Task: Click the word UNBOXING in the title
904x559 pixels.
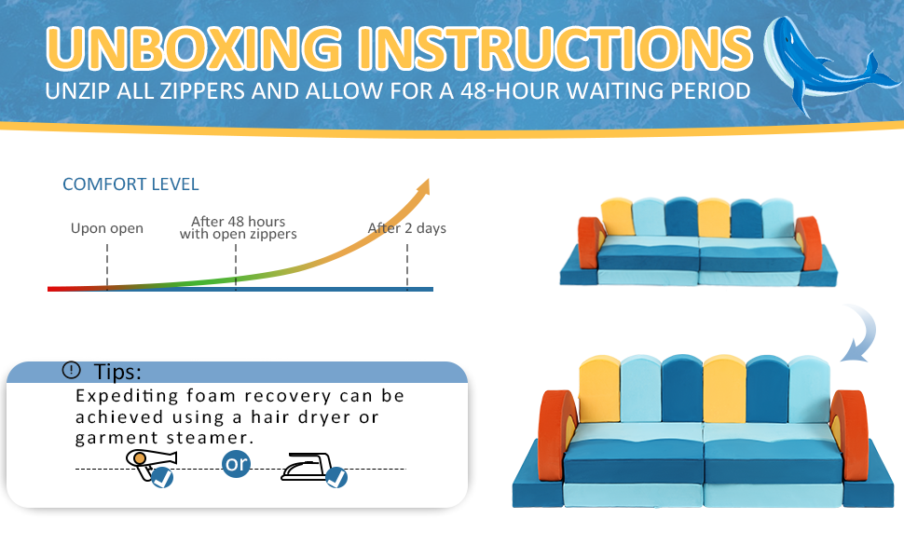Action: coord(194,48)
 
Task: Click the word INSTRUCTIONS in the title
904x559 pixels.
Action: coord(555,48)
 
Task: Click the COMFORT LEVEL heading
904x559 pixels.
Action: coord(130,184)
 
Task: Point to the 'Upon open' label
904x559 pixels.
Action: coord(106,228)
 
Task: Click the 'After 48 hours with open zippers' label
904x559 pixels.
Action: coord(238,227)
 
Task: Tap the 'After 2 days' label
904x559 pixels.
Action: coord(407,228)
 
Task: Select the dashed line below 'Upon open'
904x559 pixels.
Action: coord(107,266)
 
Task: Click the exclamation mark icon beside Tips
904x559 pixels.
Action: coord(72,370)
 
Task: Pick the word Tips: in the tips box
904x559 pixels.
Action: coord(117,372)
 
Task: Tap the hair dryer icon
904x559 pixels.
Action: coord(149,463)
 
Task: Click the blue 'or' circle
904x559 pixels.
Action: coord(237,463)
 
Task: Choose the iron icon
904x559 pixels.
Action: coord(306,467)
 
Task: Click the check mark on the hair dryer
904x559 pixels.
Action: coord(162,478)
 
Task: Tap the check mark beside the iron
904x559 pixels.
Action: coord(336,477)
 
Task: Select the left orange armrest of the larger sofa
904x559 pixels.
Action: coord(556,435)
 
